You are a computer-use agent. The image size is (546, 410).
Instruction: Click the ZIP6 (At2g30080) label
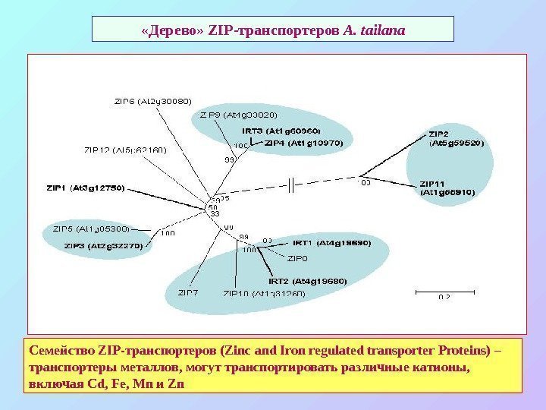coord(152,100)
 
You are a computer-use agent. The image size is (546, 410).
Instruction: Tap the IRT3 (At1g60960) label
coord(286,131)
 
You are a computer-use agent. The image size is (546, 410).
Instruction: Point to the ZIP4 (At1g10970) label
coord(303,142)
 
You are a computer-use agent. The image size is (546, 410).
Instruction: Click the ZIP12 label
coord(125,150)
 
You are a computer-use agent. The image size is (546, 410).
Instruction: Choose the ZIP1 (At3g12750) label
coord(85,187)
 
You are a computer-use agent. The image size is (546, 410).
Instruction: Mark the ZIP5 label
coord(91,228)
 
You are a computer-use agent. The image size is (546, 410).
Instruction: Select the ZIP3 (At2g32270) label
coord(103,245)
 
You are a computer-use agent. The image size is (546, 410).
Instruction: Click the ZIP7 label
coord(188,292)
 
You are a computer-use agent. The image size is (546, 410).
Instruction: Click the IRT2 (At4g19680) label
coord(307,280)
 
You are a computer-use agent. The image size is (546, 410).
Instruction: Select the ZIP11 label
coord(447,188)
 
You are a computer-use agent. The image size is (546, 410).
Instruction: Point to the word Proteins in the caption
coord(460,352)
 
